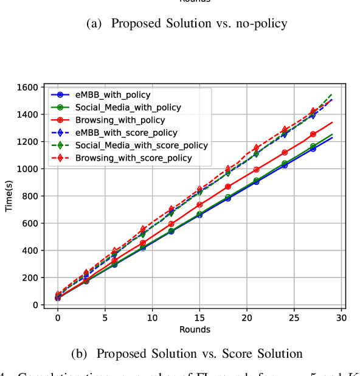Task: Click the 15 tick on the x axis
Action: tap(199, 318)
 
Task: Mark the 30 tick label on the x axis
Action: tap(341, 318)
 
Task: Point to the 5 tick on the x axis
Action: tap(105, 318)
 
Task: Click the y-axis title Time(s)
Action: tap(10, 196)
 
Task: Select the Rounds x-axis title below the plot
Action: tap(195, 330)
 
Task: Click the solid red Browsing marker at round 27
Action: tap(313, 134)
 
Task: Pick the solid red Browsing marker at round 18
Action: tap(227, 187)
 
